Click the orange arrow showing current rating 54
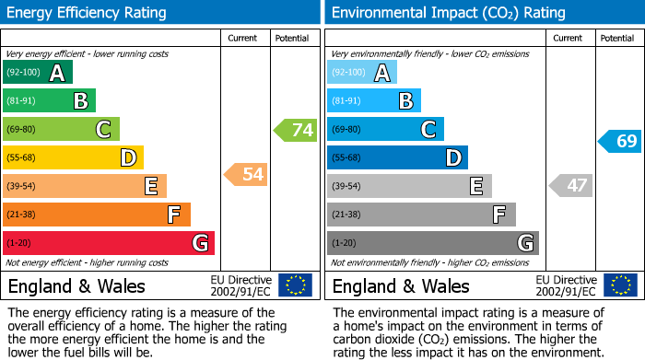[245, 174]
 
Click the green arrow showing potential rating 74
[295, 130]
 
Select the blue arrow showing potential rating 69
[619, 141]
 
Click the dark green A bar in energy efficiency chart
[38, 73]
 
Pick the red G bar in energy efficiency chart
[109, 243]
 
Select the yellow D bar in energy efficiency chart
[73, 158]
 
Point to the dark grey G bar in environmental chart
[432, 243]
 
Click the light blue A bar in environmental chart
[362, 73]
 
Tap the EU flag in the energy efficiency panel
[295, 285]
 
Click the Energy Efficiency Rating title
[88, 13]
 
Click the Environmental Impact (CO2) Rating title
[448, 13]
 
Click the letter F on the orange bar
[172, 215]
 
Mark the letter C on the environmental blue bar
[428, 130]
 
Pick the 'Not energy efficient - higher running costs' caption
[88, 262]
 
